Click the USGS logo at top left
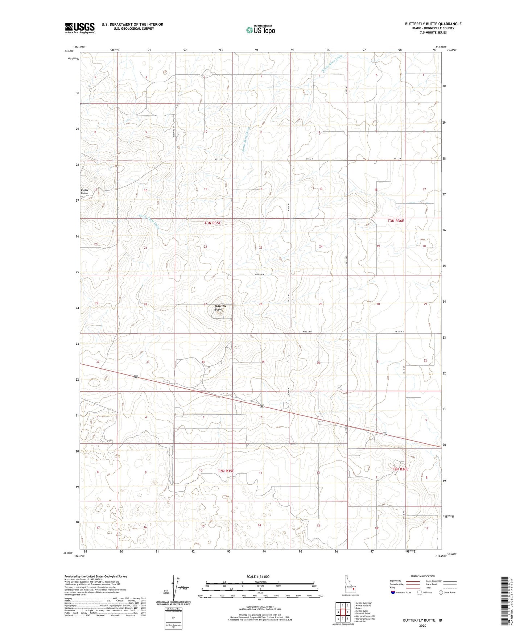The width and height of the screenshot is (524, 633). pos(79,28)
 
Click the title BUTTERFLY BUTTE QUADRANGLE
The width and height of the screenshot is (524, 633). pos(433,24)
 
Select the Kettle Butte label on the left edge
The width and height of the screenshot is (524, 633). pos(84,192)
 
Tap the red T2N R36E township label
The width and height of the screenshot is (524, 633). pos(400,469)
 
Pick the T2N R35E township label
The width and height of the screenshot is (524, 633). pos(226,471)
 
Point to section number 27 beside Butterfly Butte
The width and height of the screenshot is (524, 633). pos(205,304)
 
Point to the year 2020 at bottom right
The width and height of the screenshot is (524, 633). pos(422,625)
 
